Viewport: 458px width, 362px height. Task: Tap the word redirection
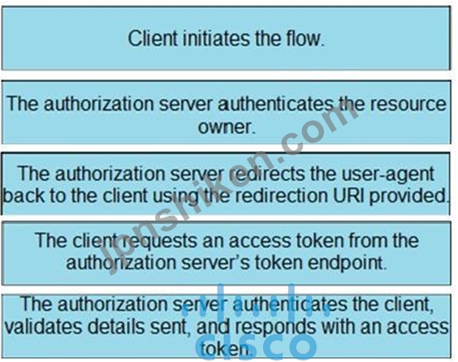pos(282,196)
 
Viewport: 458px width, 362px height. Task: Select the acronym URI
pos(349,196)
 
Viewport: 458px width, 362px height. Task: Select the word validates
pos(43,326)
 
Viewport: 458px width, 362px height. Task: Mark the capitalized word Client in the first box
pos(153,38)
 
